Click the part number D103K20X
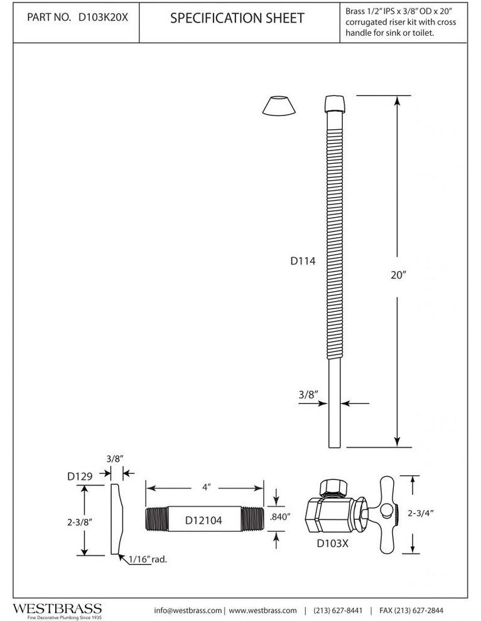point(103,18)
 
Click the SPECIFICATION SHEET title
point(237,18)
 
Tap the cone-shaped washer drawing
point(279,105)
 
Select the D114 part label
point(303,261)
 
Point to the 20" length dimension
point(399,275)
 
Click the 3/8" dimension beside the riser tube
point(308,395)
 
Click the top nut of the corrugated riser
point(335,104)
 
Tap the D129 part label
point(80,476)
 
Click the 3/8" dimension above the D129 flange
point(115,459)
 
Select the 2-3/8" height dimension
point(79,522)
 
